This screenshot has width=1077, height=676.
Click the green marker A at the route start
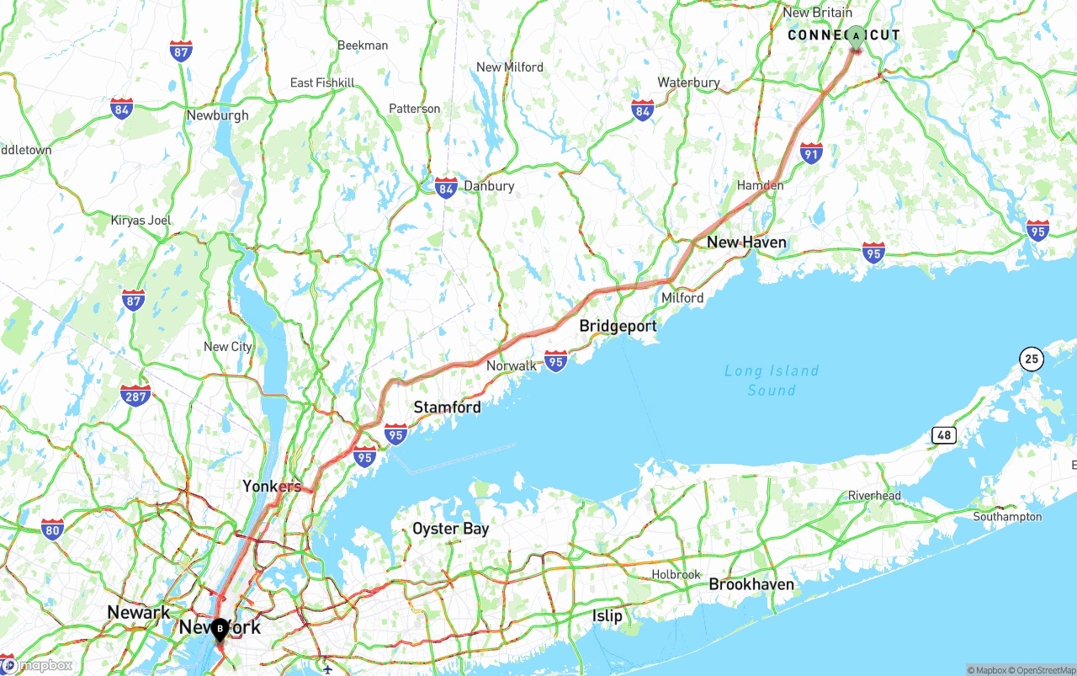pos(856,36)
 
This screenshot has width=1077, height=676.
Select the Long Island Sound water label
pos(772,381)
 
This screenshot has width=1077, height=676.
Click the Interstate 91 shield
pos(811,153)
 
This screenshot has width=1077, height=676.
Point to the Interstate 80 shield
pos(52,530)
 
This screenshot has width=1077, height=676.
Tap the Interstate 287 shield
pos(135,395)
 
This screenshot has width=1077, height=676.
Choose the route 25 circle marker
pos(1032,359)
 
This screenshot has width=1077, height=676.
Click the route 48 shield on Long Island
pos(944,435)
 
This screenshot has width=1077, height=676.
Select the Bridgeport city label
pos(618,327)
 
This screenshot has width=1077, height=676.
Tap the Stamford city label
pos(447,407)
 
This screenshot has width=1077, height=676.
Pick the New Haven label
pos(746,242)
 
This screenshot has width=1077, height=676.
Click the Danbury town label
pos(489,186)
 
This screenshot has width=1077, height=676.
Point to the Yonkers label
pos(272,487)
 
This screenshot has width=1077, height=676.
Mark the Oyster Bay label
pos(450,530)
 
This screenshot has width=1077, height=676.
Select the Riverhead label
pos(874,496)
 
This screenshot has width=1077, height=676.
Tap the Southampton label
pos(1007,517)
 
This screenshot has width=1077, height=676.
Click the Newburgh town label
pos(217,115)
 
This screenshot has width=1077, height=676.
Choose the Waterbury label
pos(688,83)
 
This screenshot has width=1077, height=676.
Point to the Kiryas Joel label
pos(141,221)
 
